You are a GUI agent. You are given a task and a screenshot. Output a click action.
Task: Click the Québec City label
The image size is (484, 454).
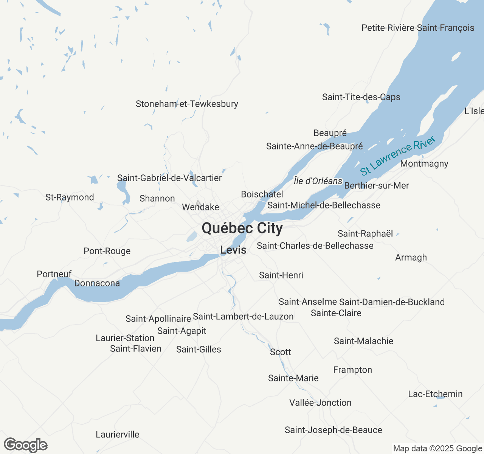242,228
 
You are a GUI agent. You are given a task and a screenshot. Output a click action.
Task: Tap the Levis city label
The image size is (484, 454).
233,250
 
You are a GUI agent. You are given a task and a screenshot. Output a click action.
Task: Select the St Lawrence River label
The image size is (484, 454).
398,156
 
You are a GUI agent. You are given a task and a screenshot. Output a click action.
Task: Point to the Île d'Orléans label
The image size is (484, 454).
318,181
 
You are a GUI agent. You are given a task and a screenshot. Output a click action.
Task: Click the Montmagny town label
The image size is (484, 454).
424,164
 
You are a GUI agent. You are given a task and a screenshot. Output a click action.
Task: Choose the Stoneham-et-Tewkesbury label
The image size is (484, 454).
187,104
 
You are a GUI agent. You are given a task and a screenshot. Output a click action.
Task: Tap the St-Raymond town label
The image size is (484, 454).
70,197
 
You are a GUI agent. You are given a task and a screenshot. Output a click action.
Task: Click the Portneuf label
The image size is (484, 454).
54,274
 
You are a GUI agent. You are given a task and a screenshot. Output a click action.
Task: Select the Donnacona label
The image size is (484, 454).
97,283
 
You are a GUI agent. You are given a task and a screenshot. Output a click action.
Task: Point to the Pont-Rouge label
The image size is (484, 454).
107,251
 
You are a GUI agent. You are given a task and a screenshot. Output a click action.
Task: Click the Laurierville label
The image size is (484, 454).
117,435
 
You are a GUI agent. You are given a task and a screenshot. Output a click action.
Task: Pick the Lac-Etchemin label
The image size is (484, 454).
435,394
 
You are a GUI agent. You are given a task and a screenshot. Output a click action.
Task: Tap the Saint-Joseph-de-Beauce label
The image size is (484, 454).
333,430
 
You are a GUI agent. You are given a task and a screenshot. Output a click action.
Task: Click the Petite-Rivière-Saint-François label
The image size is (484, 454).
418,28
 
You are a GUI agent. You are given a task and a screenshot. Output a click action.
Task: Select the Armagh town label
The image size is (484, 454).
411,258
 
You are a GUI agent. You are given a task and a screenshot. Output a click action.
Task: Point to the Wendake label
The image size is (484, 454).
200,207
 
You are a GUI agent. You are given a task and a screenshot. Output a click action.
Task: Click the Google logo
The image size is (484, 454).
26,445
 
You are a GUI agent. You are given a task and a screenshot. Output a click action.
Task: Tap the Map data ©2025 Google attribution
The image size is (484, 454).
437,449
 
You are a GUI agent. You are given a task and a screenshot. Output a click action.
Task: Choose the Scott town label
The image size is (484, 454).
281,352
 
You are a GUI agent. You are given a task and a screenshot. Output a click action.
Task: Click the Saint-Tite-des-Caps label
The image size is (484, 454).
361,97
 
